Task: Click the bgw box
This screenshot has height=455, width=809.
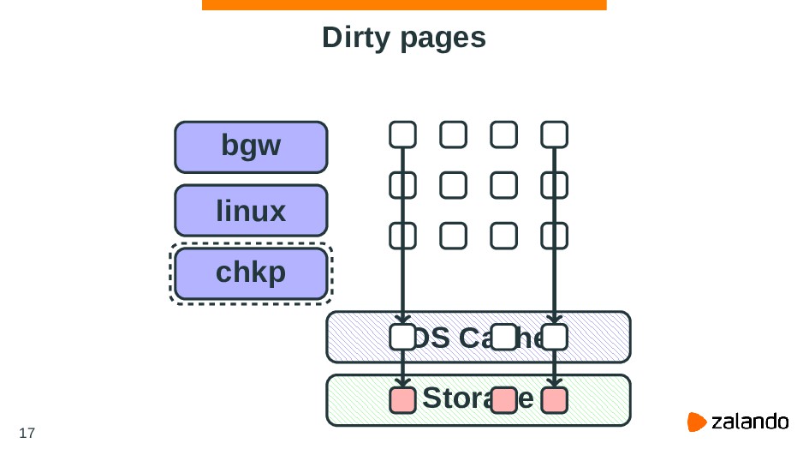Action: [x=250, y=147]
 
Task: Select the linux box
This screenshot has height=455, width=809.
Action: [x=250, y=210]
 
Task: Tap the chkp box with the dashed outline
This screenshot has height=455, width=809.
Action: [x=250, y=273]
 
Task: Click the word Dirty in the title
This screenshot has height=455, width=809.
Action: [x=357, y=38]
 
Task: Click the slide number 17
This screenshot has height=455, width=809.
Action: [x=27, y=433]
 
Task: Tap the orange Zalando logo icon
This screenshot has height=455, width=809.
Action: [x=697, y=422]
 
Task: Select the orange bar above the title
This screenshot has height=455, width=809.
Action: [x=404, y=5]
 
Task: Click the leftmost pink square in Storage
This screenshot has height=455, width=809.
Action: [x=402, y=400]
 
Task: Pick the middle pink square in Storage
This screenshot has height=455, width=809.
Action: [x=504, y=400]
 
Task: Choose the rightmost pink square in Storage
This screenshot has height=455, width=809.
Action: [x=555, y=400]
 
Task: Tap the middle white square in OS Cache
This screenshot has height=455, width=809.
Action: [x=504, y=338]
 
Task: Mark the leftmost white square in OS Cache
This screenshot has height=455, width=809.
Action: [x=402, y=338]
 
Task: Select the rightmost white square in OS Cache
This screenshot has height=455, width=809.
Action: [x=555, y=338]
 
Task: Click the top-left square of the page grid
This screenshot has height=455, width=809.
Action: [x=402, y=135]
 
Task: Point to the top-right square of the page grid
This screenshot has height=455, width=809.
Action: [x=555, y=135]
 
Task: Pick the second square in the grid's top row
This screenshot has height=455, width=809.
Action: [x=454, y=135]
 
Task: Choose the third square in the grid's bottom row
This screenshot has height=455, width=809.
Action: [x=504, y=234]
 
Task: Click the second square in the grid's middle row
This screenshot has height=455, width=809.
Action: [x=454, y=184]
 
